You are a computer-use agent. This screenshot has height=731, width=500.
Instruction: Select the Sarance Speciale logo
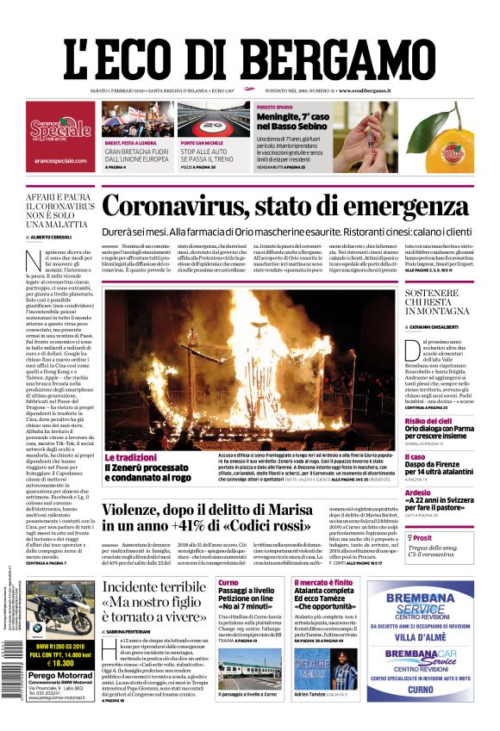click(x=60, y=130)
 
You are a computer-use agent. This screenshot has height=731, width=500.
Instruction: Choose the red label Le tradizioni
click(x=131, y=458)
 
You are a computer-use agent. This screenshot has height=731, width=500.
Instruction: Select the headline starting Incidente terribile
click(x=154, y=598)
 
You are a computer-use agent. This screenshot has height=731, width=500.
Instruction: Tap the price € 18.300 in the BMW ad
click(x=60, y=662)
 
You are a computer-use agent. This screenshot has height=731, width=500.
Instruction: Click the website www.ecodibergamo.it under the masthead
click(x=365, y=90)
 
